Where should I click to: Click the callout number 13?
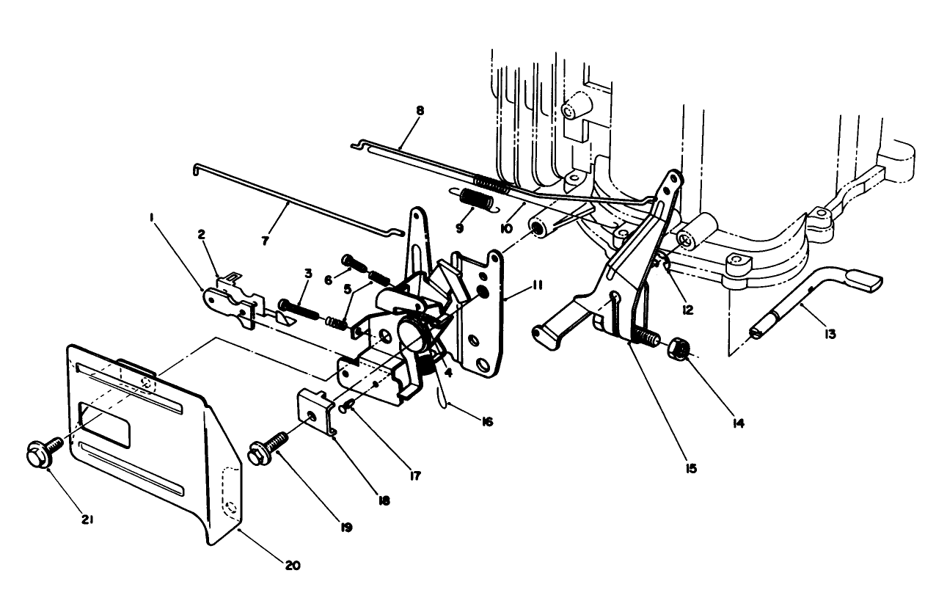830,335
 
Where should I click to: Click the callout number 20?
293,566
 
